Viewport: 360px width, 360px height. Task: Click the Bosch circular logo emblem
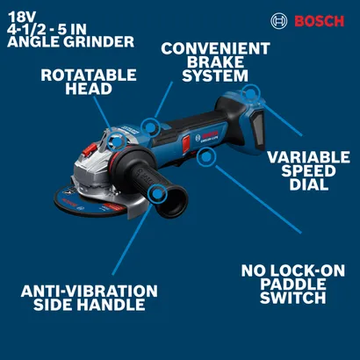(x=277, y=19)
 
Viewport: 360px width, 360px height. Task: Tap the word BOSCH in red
(x=318, y=20)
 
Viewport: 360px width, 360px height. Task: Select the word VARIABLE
(x=307, y=158)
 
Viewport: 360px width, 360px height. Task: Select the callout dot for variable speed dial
(x=251, y=91)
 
